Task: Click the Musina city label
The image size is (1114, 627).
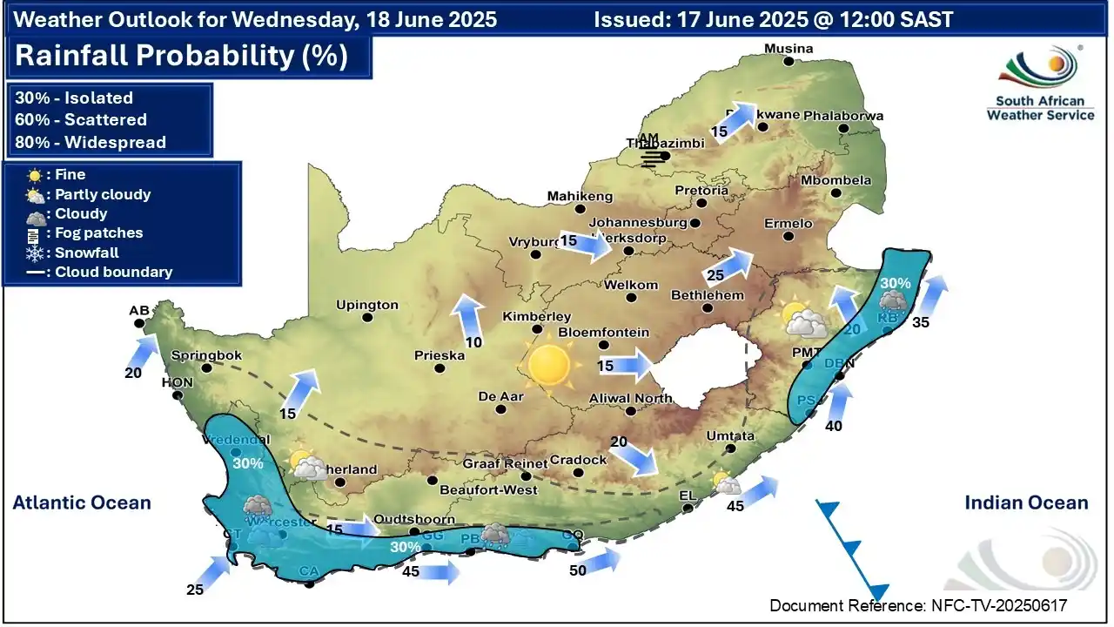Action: [788, 49]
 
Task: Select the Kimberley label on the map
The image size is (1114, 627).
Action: [537, 317]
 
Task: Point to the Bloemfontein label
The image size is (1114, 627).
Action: [603, 333]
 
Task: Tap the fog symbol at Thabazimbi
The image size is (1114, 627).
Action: [653, 157]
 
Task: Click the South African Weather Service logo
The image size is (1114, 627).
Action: [1040, 84]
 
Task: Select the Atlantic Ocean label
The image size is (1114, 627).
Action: [82, 502]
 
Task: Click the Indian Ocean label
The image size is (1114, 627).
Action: [1026, 502]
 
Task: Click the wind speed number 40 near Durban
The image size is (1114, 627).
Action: [833, 426]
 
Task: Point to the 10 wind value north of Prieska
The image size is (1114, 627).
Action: [473, 342]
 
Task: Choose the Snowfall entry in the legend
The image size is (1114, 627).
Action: [86, 253]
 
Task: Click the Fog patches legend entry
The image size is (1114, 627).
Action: [98, 233]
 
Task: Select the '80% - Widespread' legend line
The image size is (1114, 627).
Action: [91, 142]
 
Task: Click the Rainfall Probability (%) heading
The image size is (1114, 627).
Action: [182, 57]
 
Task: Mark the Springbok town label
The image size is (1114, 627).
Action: [206, 355]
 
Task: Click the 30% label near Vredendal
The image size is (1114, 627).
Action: [248, 463]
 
